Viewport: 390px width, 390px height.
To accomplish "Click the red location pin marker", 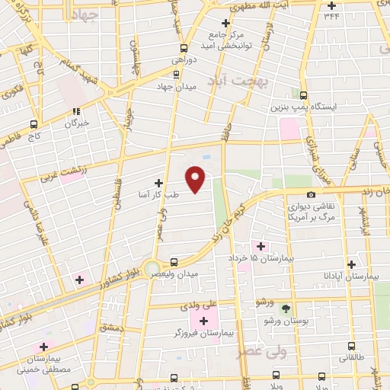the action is pos(197,178).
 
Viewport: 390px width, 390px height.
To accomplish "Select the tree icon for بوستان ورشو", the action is pos(286,308).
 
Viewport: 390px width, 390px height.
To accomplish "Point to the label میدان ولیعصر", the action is pos(183,273).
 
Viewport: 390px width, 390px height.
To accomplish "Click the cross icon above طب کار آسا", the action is pos(158,183).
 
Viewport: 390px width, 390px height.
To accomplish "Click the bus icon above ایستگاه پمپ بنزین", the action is pos(304,96).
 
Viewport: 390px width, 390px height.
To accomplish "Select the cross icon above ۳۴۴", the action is pos(331,5).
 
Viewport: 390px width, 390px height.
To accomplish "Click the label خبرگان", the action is pos(77,122).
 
